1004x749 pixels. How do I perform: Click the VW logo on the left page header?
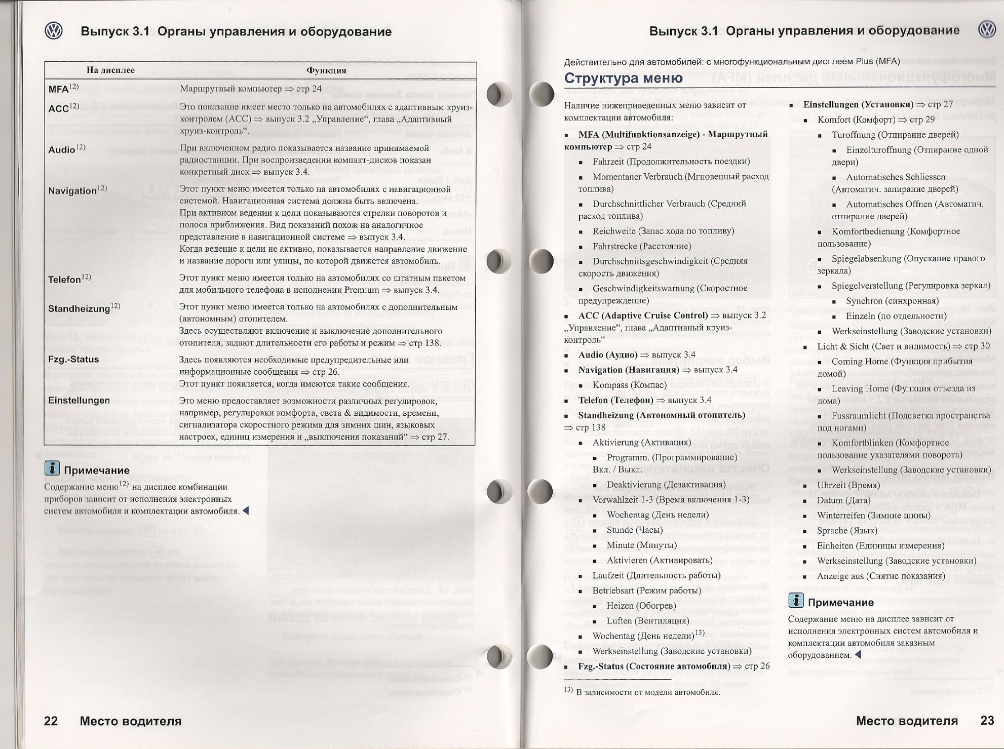pyautogui.click(x=54, y=31)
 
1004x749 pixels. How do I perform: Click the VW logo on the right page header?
pyautogui.click(x=987, y=30)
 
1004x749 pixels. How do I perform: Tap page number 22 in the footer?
pyautogui.click(x=51, y=721)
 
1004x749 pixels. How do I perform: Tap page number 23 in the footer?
pyautogui.click(x=987, y=720)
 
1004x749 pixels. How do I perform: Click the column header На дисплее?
pyautogui.click(x=110, y=70)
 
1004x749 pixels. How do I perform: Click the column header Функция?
pyautogui.click(x=326, y=70)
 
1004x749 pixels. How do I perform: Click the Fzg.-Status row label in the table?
pyautogui.click(x=73, y=360)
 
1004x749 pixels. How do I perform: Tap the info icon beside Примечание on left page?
pyautogui.click(x=52, y=468)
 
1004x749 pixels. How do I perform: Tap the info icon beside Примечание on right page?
pyautogui.click(x=796, y=601)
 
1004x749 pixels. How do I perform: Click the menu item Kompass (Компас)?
pyautogui.click(x=631, y=385)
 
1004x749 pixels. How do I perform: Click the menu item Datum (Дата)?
pyautogui.click(x=843, y=500)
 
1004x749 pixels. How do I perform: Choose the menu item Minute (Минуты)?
pyautogui.click(x=641, y=545)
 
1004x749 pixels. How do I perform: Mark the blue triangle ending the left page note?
pyautogui.click(x=246, y=511)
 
